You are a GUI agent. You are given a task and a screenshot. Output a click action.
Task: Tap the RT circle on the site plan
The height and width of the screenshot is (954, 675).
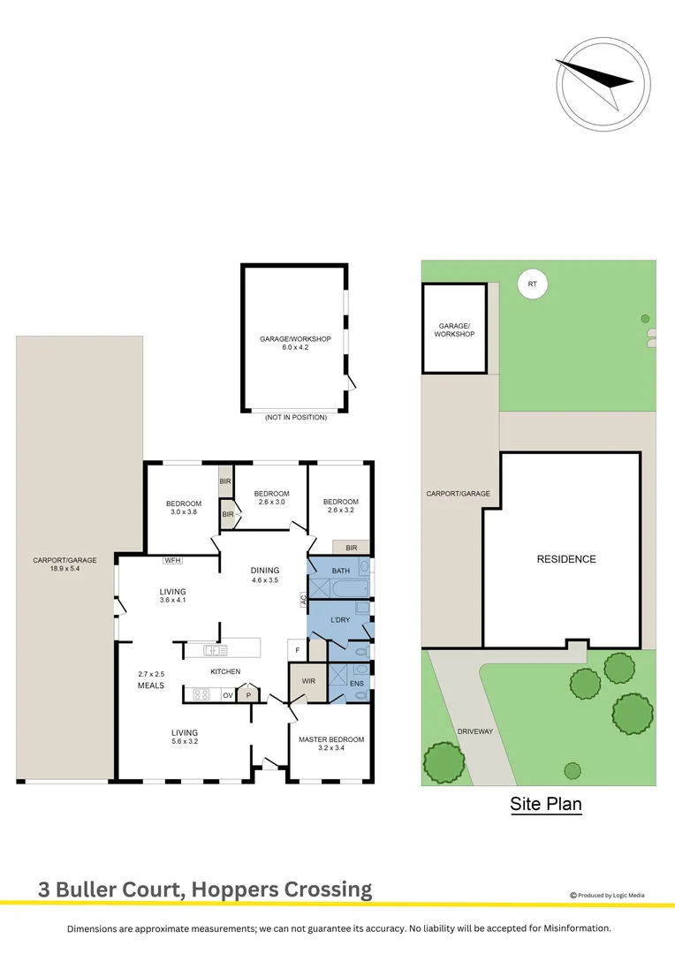pyautogui.click(x=532, y=284)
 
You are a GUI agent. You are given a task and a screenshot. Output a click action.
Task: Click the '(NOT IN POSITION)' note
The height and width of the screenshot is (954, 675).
pyautogui.click(x=295, y=417)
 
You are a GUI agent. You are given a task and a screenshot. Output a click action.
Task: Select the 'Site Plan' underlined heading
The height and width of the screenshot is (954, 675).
pyautogui.click(x=545, y=804)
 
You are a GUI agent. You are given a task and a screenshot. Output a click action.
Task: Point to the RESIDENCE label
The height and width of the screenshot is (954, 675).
pyautogui.click(x=566, y=559)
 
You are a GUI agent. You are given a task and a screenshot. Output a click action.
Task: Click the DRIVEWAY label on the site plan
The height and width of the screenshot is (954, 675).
pyautogui.click(x=474, y=731)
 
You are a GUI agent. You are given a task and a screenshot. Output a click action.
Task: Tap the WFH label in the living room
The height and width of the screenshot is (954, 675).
pyautogui.click(x=172, y=560)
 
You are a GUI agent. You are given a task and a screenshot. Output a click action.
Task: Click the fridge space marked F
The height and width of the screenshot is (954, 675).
pyautogui.click(x=298, y=651)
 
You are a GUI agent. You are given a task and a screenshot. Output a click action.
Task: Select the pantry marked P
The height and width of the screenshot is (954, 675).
pyautogui.click(x=248, y=694)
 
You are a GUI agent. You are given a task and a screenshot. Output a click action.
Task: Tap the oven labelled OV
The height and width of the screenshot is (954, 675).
pyautogui.click(x=227, y=694)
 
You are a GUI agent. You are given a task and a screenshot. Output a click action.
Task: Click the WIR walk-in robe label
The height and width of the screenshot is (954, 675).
pyautogui.click(x=307, y=681)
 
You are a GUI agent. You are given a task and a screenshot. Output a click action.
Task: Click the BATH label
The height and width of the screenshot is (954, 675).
pyautogui.click(x=342, y=572)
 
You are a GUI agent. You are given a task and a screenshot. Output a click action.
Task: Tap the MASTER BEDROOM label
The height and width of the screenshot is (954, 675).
pyautogui.click(x=330, y=739)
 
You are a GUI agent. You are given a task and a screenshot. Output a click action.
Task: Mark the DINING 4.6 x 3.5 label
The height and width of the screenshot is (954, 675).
pyautogui.click(x=265, y=575)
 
